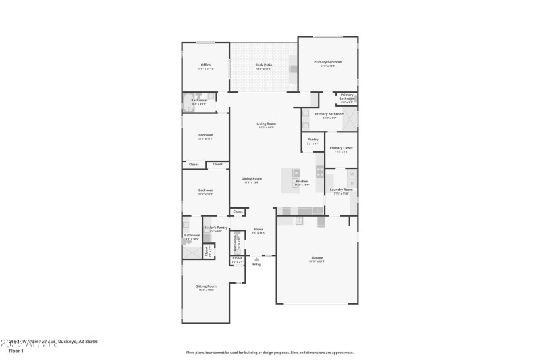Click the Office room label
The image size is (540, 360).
[x=206, y=66]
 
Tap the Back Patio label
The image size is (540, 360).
[x=263, y=66]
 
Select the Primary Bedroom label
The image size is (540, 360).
[x=327, y=63]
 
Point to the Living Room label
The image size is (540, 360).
[x=266, y=124]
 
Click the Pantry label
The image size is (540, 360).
[x=313, y=140]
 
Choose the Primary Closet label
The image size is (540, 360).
[x=341, y=148]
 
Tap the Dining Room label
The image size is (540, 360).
[x=252, y=179]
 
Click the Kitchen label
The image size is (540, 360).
[x=302, y=182]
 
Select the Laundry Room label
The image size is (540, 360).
[x=341, y=190]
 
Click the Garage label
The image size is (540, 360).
[x=317, y=258]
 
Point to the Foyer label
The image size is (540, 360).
[x=258, y=230]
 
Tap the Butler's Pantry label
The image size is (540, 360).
[x=216, y=228]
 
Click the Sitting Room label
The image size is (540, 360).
[x=206, y=286]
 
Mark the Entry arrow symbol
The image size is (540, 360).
[x=256, y=259]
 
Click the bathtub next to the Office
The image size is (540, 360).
[x=187, y=103]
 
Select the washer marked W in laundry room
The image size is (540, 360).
[x=351, y=174]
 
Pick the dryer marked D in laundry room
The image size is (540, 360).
[x=351, y=182]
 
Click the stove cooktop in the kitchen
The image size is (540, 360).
[x=319, y=172]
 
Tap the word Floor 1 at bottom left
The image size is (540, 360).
[x=16, y=351]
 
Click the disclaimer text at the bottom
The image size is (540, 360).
[x=269, y=353]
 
